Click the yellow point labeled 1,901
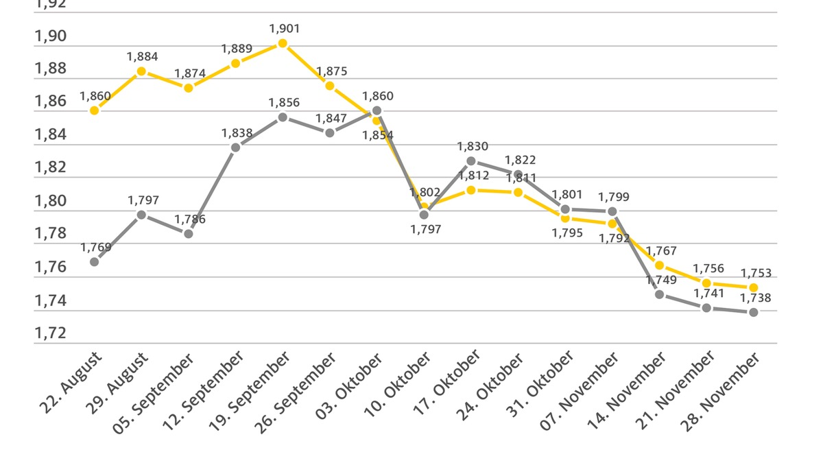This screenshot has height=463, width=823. [x=283, y=43]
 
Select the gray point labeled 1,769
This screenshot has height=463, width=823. [x=95, y=261]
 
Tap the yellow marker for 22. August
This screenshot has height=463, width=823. [x=95, y=110]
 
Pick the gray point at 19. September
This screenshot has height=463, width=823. [x=283, y=117]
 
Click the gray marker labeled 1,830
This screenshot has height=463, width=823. [x=471, y=161]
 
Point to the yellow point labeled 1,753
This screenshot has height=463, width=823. [x=753, y=287]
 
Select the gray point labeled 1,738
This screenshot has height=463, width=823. [x=753, y=312]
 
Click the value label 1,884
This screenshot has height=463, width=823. [x=143, y=56]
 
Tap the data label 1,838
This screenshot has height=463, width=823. [x=237, y=133]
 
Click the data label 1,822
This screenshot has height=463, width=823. [x=519, y=160]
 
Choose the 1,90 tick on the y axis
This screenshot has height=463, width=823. [x=51, y=36]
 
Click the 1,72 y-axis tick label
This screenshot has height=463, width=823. [x=51, y=333]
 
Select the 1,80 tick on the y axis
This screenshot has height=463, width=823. [x=51, y=201]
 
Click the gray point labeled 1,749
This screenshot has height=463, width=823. [x=659, y=294]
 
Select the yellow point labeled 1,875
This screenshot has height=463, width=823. [x=330, y=86]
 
